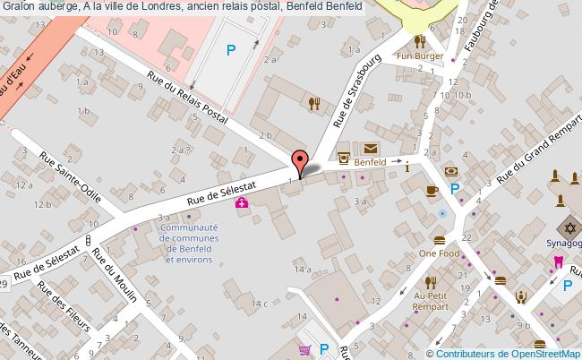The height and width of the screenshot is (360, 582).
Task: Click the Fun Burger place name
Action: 422,56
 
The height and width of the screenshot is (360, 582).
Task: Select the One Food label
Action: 438,253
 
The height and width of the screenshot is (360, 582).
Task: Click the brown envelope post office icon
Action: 370,148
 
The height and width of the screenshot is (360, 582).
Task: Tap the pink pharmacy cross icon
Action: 242,203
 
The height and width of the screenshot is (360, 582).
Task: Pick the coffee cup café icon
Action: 431,190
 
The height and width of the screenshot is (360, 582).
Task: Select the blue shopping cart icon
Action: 304,350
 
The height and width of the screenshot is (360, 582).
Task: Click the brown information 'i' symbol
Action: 407,166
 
